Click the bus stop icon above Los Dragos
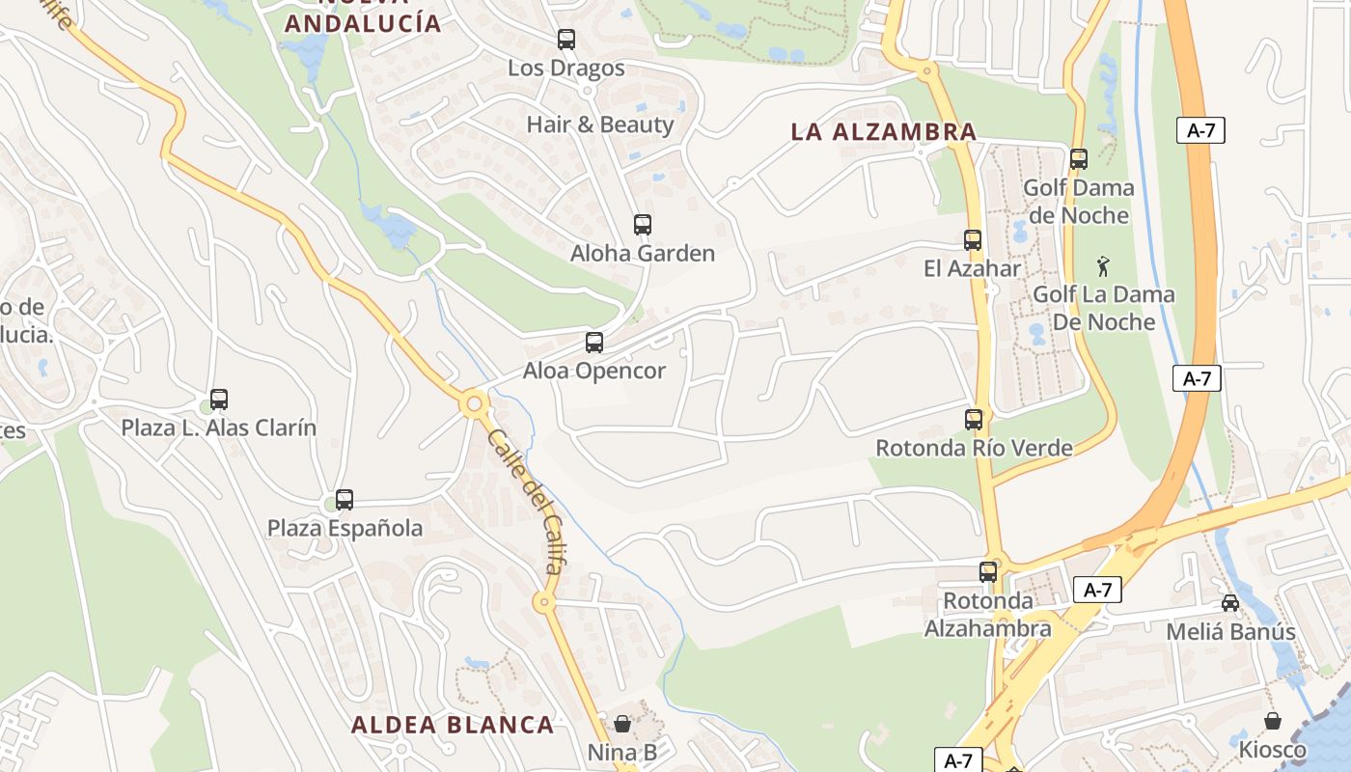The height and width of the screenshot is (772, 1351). (x=566, y=40)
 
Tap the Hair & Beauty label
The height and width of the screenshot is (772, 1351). (x=599, y=124)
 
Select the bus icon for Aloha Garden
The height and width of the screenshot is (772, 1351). (x=643, y=225)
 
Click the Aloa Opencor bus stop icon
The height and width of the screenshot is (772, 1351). (x=594, y=343)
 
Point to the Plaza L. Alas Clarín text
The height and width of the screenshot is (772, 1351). (x=218, y=427)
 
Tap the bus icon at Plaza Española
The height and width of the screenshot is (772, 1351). (x=345, y=500)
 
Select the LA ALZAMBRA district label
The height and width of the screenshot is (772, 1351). (x=883, y=132)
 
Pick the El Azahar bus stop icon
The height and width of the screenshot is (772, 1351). (x=973, y=240)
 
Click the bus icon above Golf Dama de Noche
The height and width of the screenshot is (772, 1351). (x=1079, y=159)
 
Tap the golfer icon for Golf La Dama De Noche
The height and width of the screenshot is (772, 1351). (x=1103, y=265)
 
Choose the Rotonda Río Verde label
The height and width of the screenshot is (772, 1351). (x=974, y=448)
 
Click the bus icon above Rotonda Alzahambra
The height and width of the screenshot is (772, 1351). (x=988, y=571)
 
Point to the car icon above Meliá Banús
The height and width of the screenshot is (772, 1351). (x=1230, y=603)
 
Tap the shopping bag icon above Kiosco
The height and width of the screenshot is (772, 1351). (x=1273, y=721)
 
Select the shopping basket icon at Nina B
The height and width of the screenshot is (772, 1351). (x=622, y=723)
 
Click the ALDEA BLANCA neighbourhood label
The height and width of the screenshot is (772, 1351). (x=453, y=725)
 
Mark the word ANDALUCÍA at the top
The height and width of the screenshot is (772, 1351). (x=363, y=24)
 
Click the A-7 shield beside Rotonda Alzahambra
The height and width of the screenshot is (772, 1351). (x=1097, y=590)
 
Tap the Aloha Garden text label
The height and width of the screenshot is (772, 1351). (x=643, y=254)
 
